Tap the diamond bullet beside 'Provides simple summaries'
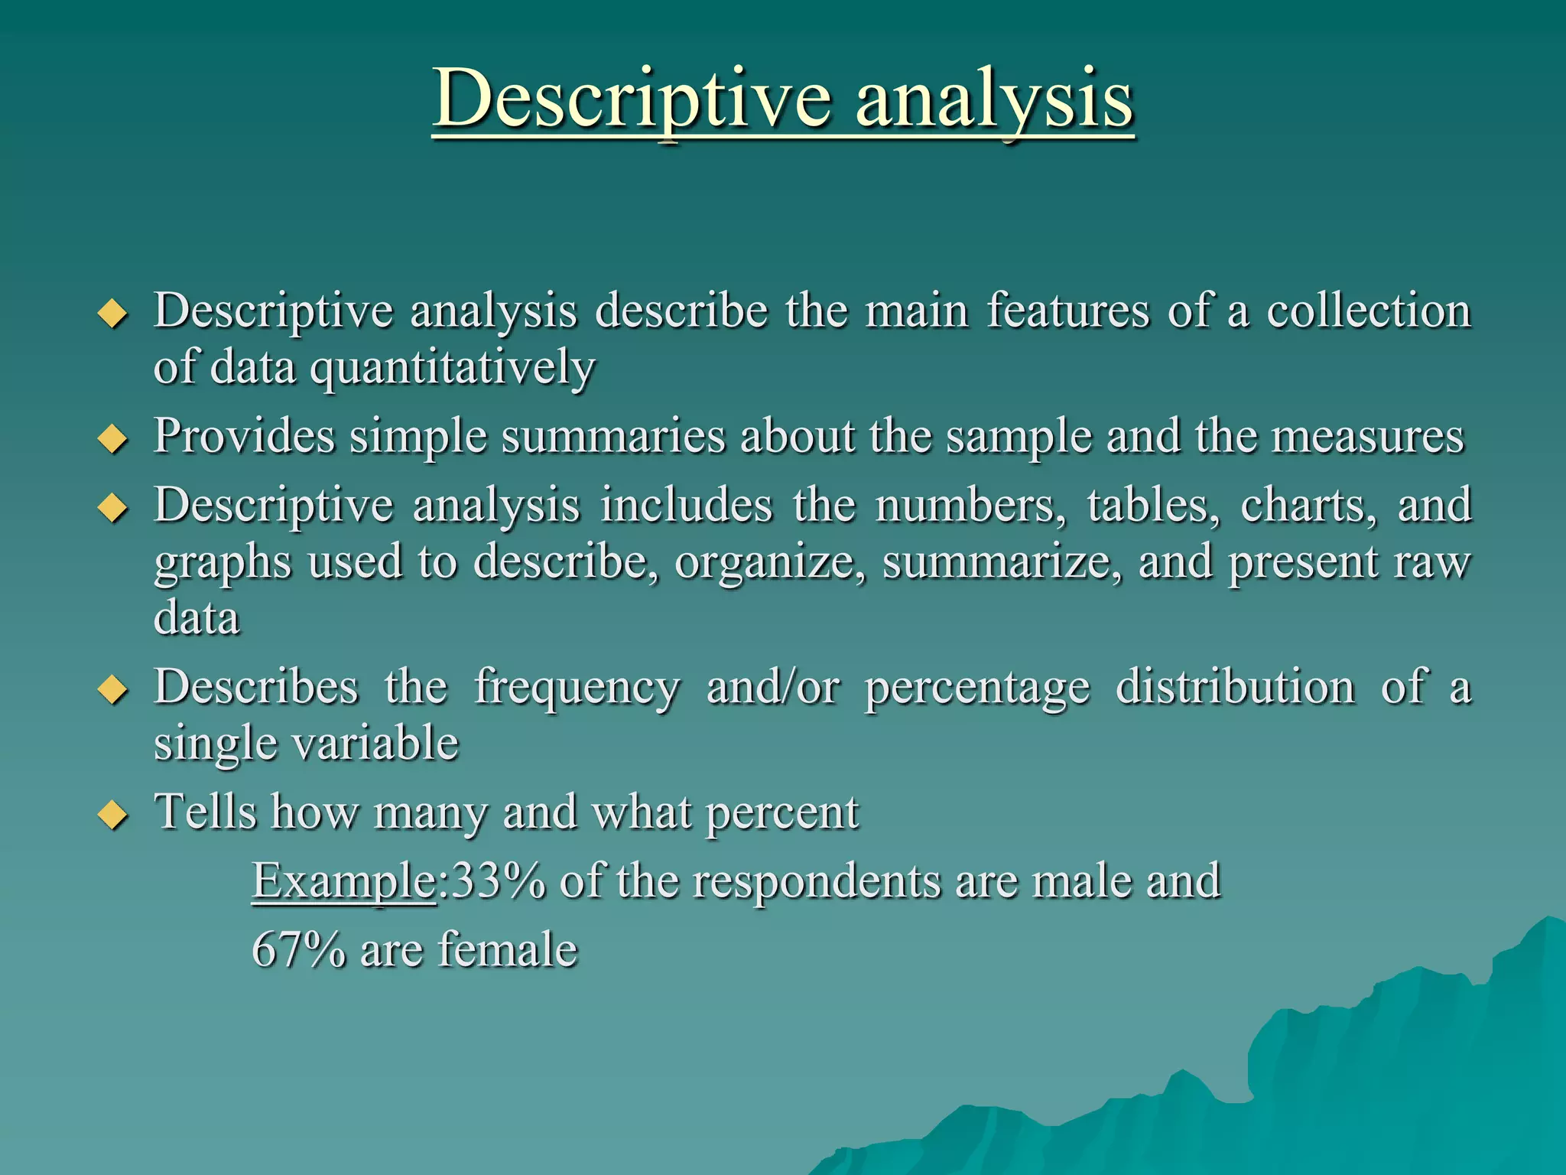(113, 440)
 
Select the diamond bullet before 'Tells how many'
(113, 815)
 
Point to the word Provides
(244, 437)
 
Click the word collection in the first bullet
(1369, 311)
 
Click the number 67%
(298, 950)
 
